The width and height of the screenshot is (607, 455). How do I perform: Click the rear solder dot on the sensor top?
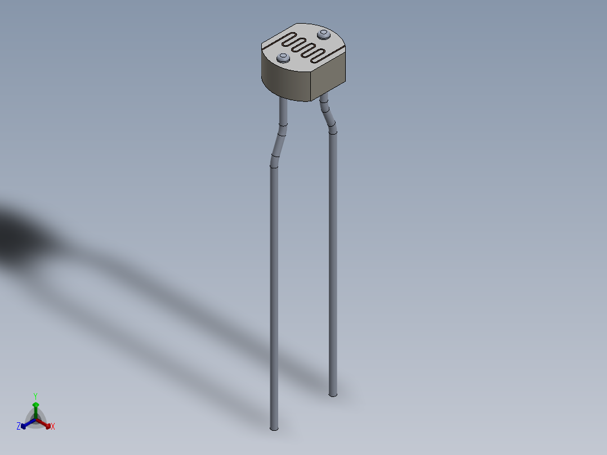point(323,35)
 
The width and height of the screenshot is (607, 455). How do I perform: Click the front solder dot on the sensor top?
point(283,57)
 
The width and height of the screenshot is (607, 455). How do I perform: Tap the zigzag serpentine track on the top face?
point(304,47)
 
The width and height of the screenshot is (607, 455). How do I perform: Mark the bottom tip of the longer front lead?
point(274,428)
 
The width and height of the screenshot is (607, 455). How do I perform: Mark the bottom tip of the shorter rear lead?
point(333,394)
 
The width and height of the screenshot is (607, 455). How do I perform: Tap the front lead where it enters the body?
point(283,102)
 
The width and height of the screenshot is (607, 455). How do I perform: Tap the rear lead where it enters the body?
point(323,99)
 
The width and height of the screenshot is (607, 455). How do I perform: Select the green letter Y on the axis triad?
point(35,396)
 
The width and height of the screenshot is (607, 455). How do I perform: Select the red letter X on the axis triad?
point(53,427)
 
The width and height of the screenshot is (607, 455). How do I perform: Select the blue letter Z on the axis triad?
point(19,426)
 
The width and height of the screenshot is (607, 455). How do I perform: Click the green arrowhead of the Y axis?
point(35,405)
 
